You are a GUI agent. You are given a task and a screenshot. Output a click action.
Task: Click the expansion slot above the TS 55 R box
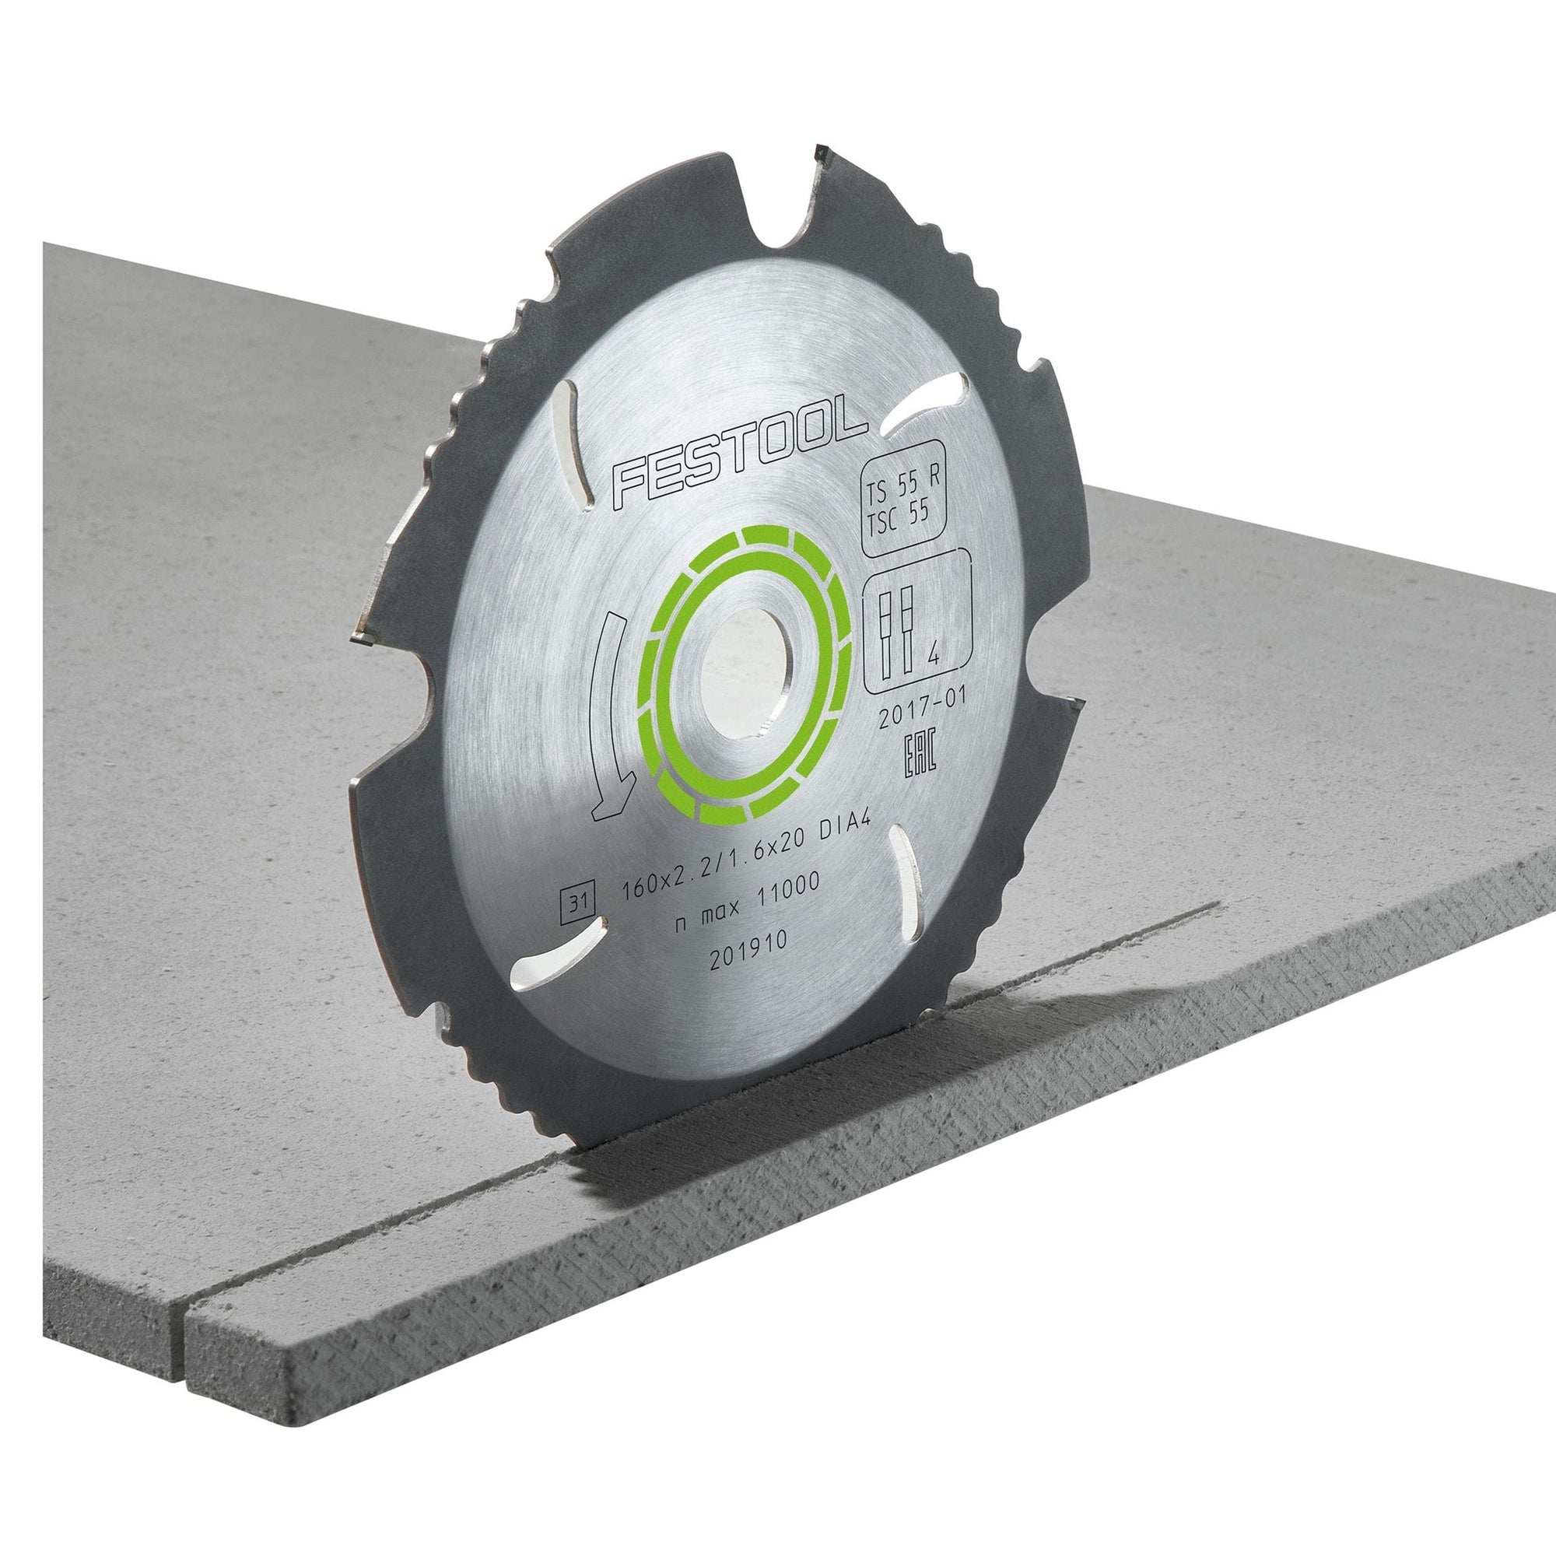(917, 415)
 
